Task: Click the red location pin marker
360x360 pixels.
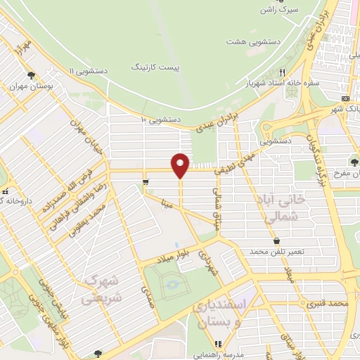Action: pyautogui.click(x=180, y=165)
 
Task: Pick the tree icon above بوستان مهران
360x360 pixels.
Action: pyautogui.click(x=30, y=75)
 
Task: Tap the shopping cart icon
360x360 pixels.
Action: pyautogui.click(x=144, y=182)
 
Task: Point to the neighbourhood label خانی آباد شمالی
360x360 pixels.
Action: pyautogui.click(x=288, y=207)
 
